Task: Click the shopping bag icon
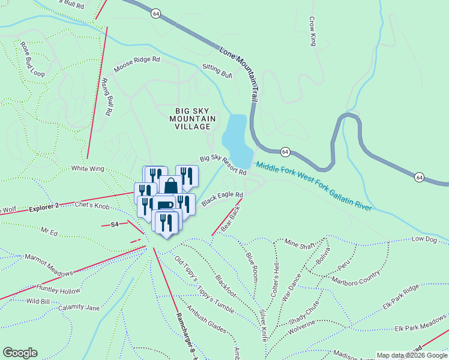(170, 185)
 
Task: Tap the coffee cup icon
(164, 205)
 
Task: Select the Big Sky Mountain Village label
(193, 119)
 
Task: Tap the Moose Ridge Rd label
(137, 63)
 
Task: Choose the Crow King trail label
(312, 32)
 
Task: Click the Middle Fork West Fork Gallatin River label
(313, 187)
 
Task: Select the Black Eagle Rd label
(222, 199)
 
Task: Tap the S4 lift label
(115, 225)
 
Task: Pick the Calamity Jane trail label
(79, 308)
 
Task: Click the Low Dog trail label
(424, 239)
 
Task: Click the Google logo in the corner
(20, 353)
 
